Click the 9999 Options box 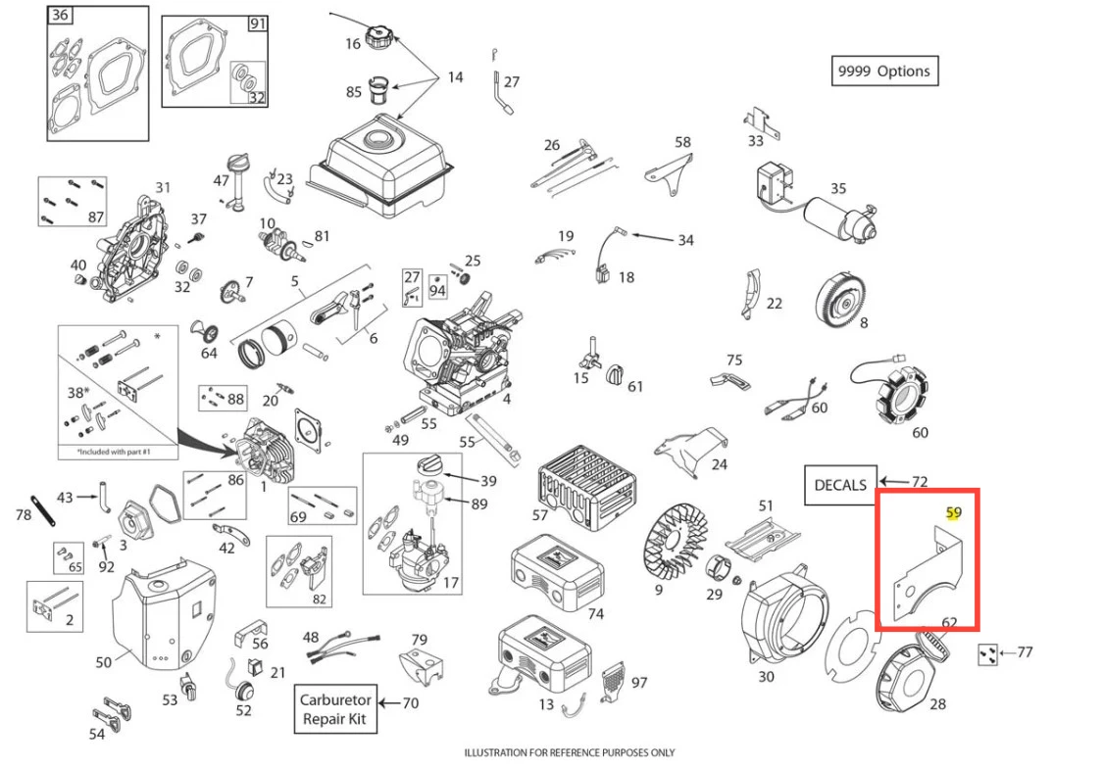(x=883, y=72)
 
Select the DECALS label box (x=840, y=485)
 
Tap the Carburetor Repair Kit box (x=335, y=710)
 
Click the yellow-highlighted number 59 (x=954, y=512)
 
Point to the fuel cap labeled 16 (x=378, y=40)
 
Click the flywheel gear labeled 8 (x=842, y=291)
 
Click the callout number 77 (x=1025, y=651)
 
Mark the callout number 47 (x=221, y=180)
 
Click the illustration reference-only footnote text (x=570, y=752)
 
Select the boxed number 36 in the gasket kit (x=60, y=16)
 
